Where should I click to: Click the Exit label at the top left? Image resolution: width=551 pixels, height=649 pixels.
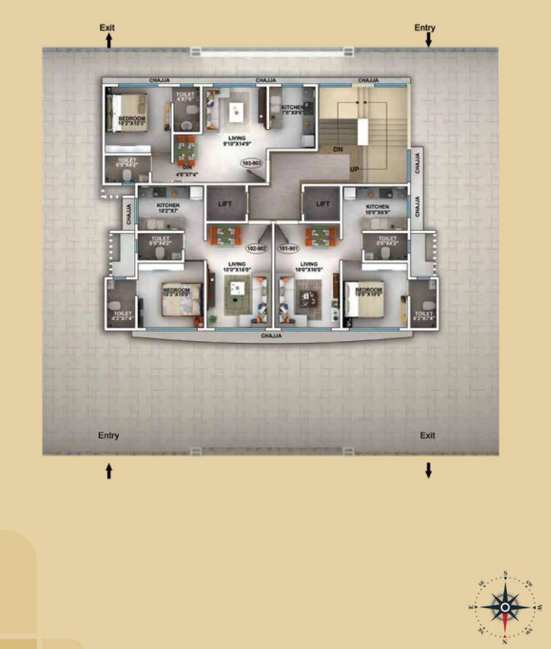click(x=107, y=28)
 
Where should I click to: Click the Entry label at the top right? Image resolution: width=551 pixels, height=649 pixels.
click(x=424, y=28)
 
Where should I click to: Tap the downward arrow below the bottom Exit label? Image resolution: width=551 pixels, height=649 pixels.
click(x=428, y=470)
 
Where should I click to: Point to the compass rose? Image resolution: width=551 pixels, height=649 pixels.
click(x=505, y=607)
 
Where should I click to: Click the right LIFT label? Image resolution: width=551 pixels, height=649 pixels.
click(x=323, y=204)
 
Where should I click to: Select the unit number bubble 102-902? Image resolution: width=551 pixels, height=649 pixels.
click(x=256, y=249)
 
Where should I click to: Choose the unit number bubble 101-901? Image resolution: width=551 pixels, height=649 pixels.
click(x=289, y=249)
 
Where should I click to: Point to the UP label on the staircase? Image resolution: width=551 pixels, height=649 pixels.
click(x=355, y=170)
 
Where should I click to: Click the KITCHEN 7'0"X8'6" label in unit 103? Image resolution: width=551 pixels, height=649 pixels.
click(x=293, y=109)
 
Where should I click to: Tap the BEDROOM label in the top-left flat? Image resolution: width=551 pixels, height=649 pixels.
click(x=132, y=120)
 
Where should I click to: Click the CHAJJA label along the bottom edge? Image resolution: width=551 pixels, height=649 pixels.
click(x=272, y=336)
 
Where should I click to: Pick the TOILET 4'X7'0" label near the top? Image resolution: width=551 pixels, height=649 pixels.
click(x=184, y=98)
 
